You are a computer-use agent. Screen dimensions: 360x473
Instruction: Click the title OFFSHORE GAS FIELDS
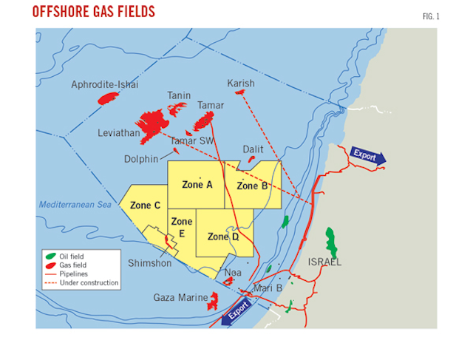[x=94, y=12]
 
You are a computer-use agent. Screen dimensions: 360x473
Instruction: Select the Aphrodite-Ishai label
[x=105, y=85]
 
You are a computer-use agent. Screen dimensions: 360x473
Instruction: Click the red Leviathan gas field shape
[x=152, y=122]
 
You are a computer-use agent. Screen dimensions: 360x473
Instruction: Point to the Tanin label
[x=179, y=95]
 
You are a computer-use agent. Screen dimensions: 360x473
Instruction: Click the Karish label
[x=241, y=84]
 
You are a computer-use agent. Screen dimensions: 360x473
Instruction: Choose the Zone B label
[x=252, y=186]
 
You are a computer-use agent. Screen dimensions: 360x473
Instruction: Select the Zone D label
[x=223, y=237]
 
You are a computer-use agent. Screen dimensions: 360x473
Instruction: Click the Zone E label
[x=181, y=227]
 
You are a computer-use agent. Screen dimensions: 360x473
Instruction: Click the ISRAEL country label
[x=324, y=262]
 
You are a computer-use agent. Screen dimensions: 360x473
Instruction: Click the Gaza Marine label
[x=178, y=297]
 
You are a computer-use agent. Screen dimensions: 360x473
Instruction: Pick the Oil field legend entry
[x=71, y=257]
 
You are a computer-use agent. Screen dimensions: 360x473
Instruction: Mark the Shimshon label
[x=149, y=263]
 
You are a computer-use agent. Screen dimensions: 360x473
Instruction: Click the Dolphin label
[x=142, y=158]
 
